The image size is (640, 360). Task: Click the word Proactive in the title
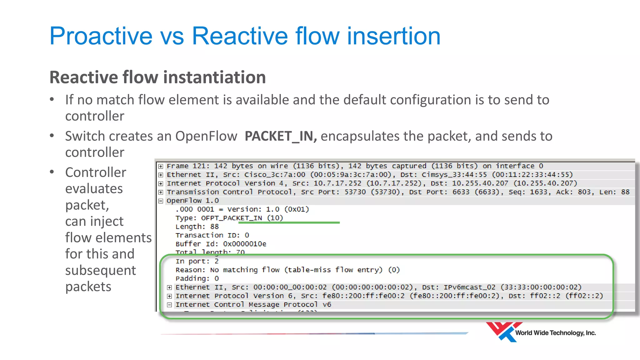tap(101, 36)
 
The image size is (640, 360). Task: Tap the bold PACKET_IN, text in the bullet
tap(280, 136)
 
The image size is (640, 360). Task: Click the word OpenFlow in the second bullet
tap(206, 136)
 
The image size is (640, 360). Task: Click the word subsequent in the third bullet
tap(100, 270)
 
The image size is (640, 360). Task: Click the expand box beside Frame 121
tap(161, 166)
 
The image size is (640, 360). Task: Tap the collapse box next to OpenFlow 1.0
tap(161, 201)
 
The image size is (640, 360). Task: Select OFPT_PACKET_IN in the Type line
tap(232, 218)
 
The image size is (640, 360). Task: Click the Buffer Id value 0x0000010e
tap(245, 244)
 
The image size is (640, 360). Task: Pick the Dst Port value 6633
tap(461, 192)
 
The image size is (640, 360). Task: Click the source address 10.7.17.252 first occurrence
tap(337, 183)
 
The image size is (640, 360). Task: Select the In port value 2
tap(217, 261)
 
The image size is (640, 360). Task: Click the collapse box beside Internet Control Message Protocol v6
tap(169, 305)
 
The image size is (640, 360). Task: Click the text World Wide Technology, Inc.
tap(555, 333)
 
